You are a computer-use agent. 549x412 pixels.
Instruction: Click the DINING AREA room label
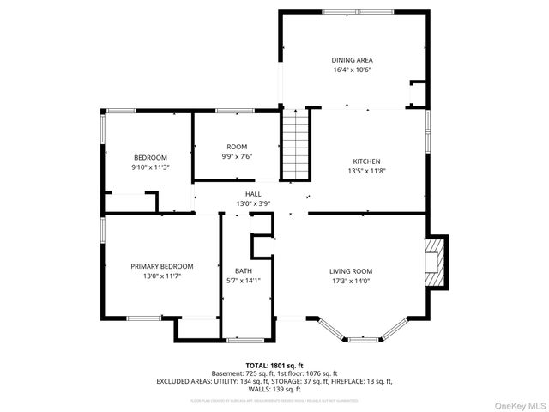(x=352, y=60)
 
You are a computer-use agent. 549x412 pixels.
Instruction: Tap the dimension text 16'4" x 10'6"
(x=352, y=70)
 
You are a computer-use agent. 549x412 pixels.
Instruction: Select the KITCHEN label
(x=366, y=161)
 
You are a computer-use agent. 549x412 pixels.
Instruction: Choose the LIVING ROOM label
(x=351, y=271)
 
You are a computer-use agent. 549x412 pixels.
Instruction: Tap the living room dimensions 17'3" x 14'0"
(x=351, y=282)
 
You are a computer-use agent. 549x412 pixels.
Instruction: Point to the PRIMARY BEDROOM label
(x=161, y=266)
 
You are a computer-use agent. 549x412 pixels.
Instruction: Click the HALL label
(x=253, y=194)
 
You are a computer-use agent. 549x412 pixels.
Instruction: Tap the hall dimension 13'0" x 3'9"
(x=253, y=204)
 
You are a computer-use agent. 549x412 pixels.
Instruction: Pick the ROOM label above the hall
(x=236, y=147)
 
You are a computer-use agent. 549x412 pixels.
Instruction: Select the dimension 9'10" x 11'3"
(x=149, y=167)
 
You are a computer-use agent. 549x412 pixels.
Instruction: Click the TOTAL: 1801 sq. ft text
(x=274, y=365)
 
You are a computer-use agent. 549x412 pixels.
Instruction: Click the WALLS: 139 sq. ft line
(x=274, y=389)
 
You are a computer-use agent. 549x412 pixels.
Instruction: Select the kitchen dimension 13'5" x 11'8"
(x=366, y=171)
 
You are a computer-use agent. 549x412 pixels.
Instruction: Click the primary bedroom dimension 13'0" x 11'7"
(x=161, y=276)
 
